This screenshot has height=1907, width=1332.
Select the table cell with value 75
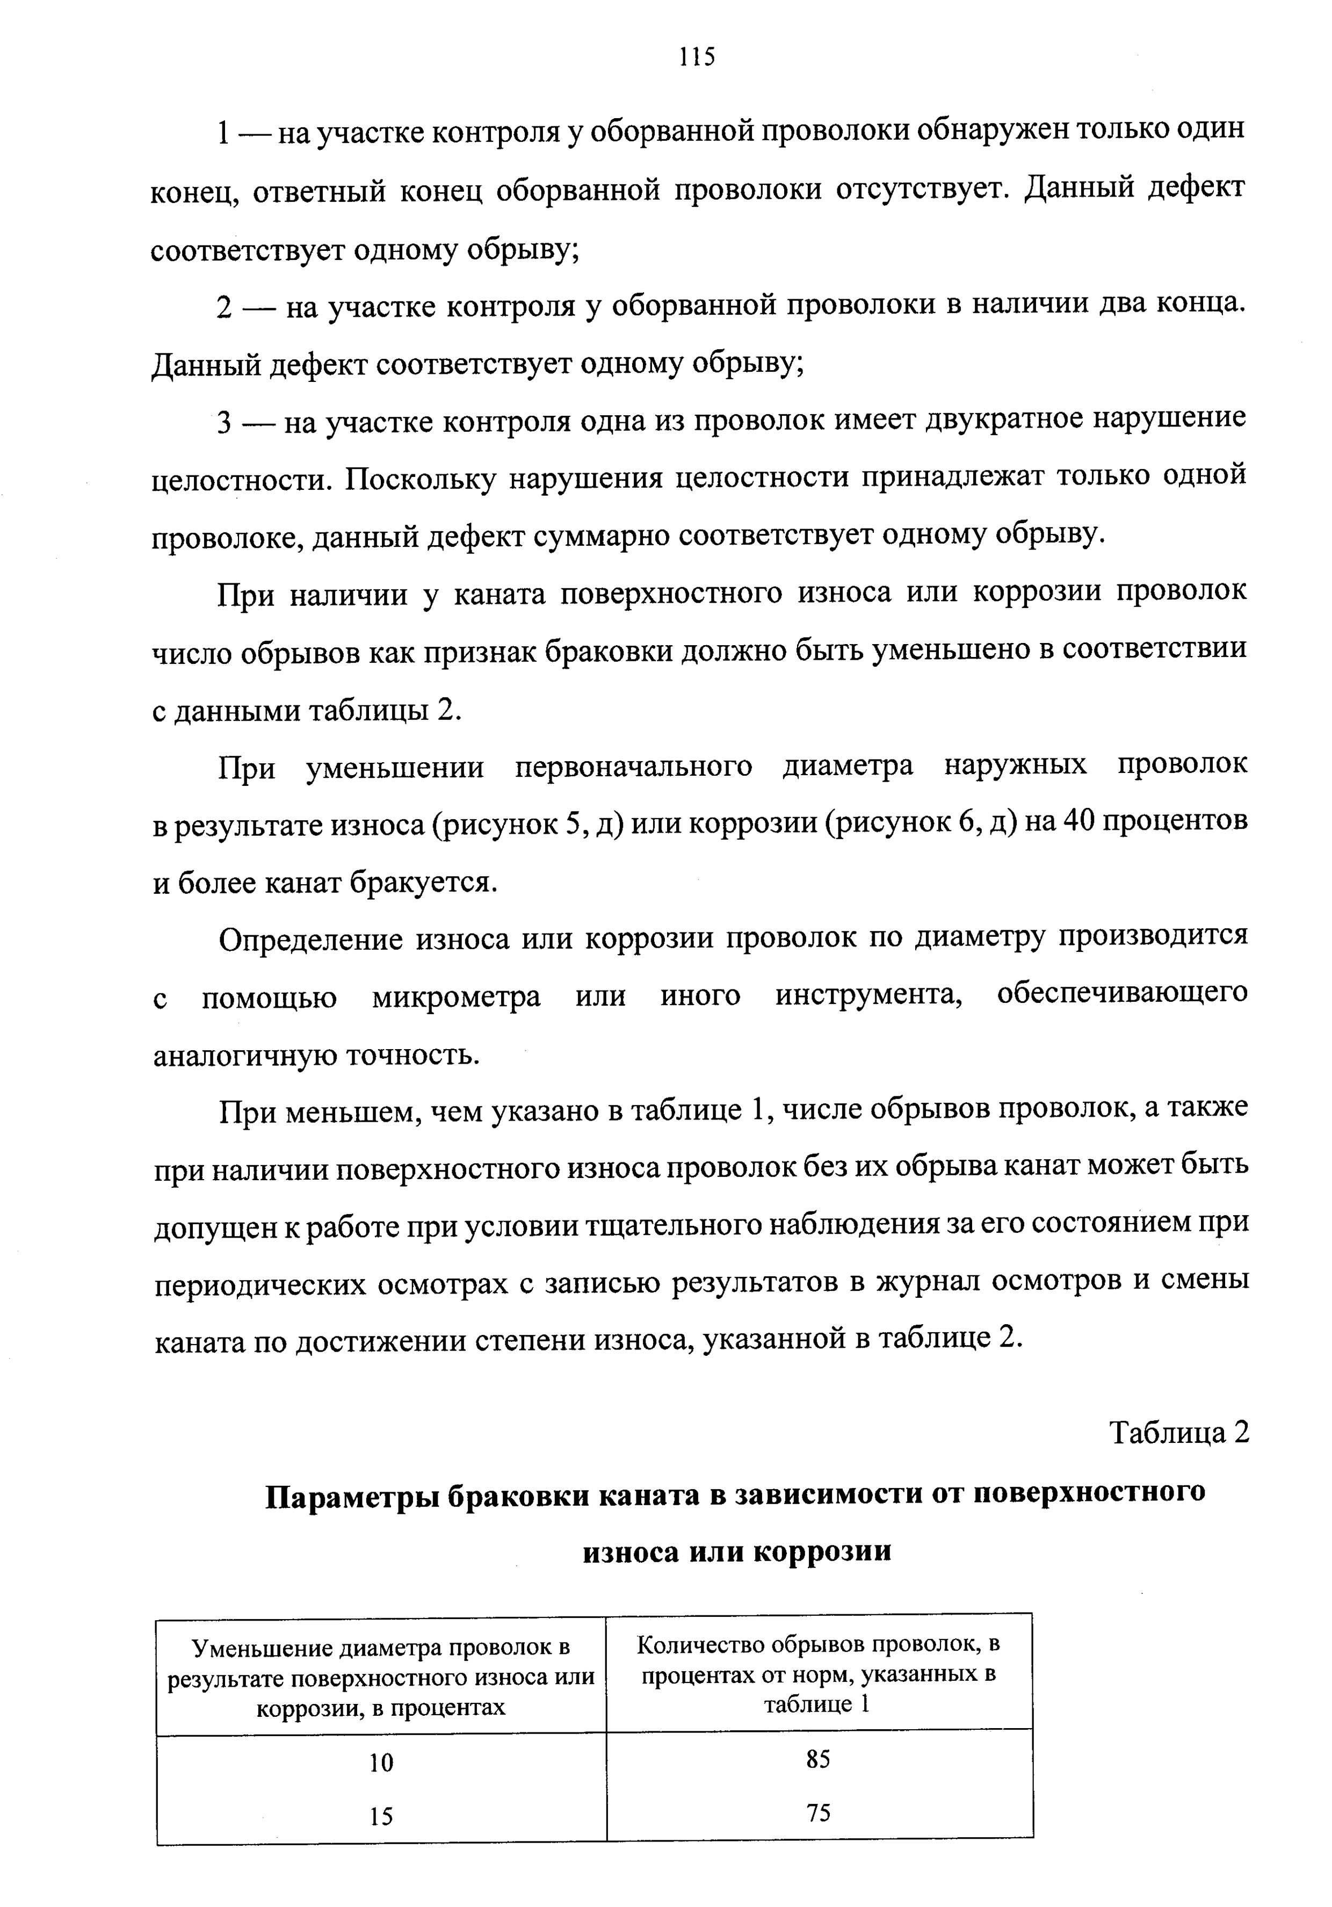click(818, 1812)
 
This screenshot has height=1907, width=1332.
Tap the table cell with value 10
click(381, 1761)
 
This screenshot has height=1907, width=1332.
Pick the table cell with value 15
click(381, 1816)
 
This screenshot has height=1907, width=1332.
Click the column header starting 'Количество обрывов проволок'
click(818, 1673)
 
